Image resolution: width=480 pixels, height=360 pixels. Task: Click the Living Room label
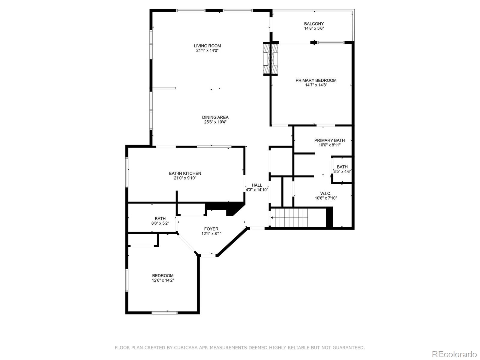[x=207, y=46]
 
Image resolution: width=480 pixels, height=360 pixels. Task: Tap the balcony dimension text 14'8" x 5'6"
[x=314, y=28]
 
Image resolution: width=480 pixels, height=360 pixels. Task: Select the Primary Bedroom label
[x=316, y=80]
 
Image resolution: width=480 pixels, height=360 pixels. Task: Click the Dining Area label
[x=215, y=117]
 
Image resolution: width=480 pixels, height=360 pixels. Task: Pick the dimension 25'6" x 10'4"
[x=215, y=122]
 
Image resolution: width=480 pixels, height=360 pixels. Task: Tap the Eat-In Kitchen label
[x=185, y=173]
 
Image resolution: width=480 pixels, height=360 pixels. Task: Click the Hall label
[x=257, y=185]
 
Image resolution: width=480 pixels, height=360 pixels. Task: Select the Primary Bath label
[x=329, y=140]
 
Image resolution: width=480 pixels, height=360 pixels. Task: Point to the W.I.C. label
[x=326, y=193]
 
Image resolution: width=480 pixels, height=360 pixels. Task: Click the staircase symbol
[x=290, y=217]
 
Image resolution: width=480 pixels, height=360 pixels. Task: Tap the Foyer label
[x=211, y=229]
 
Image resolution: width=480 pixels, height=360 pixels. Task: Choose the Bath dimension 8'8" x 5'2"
[x=160, y=223]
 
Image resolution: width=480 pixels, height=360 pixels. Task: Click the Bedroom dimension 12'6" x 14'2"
[x=163, y=280]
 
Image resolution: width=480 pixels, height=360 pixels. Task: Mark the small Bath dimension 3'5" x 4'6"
[x=342, y=172]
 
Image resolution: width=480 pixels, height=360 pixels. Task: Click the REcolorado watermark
[x=454, y=354]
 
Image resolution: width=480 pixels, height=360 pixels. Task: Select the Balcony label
[x=314, y=24]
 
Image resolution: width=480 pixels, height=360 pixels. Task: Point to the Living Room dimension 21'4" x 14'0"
[x=207, y=51]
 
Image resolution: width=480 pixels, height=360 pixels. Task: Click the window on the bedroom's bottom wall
[x=164, y=313]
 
